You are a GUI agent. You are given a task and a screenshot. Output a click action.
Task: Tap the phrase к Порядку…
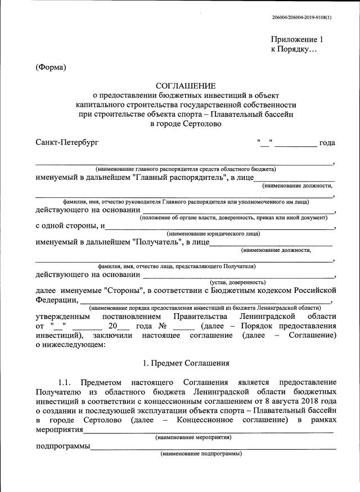pyautogui.click(x=294, y=49)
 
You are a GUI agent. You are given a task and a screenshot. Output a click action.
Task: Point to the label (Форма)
pyautogui.click(x=51, y=68)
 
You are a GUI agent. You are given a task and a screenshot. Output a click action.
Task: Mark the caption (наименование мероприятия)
pyautogui.click(x=193, y=437)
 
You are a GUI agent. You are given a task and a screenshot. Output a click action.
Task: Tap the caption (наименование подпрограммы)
pyautogui.click(x=201, y=453)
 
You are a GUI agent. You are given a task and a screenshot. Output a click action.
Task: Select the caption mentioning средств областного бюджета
pyautogui.click(x=186, y=169)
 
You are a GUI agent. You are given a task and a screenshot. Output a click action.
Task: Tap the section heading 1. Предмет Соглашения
pyautogui.click(x=186, y=363)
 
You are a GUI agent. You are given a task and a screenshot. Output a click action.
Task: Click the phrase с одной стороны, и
pyautogui.click(x=70, y=226)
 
